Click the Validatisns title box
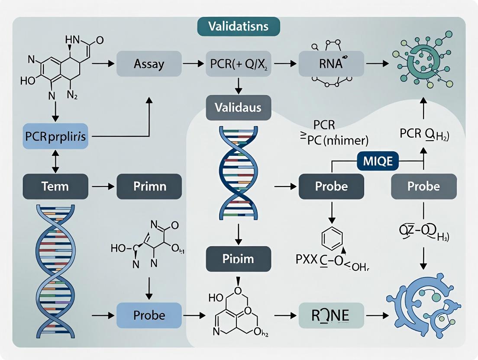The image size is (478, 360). [238, 26]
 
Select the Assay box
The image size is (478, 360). [149, 64]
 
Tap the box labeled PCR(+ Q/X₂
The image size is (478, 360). [238, 64]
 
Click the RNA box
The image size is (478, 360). [331, 64]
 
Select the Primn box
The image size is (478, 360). [149, 186]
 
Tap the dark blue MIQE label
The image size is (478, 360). [375, 161]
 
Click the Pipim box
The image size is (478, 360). [238, 259]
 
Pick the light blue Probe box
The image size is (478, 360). [149, 315]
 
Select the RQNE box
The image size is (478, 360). [331, 315]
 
